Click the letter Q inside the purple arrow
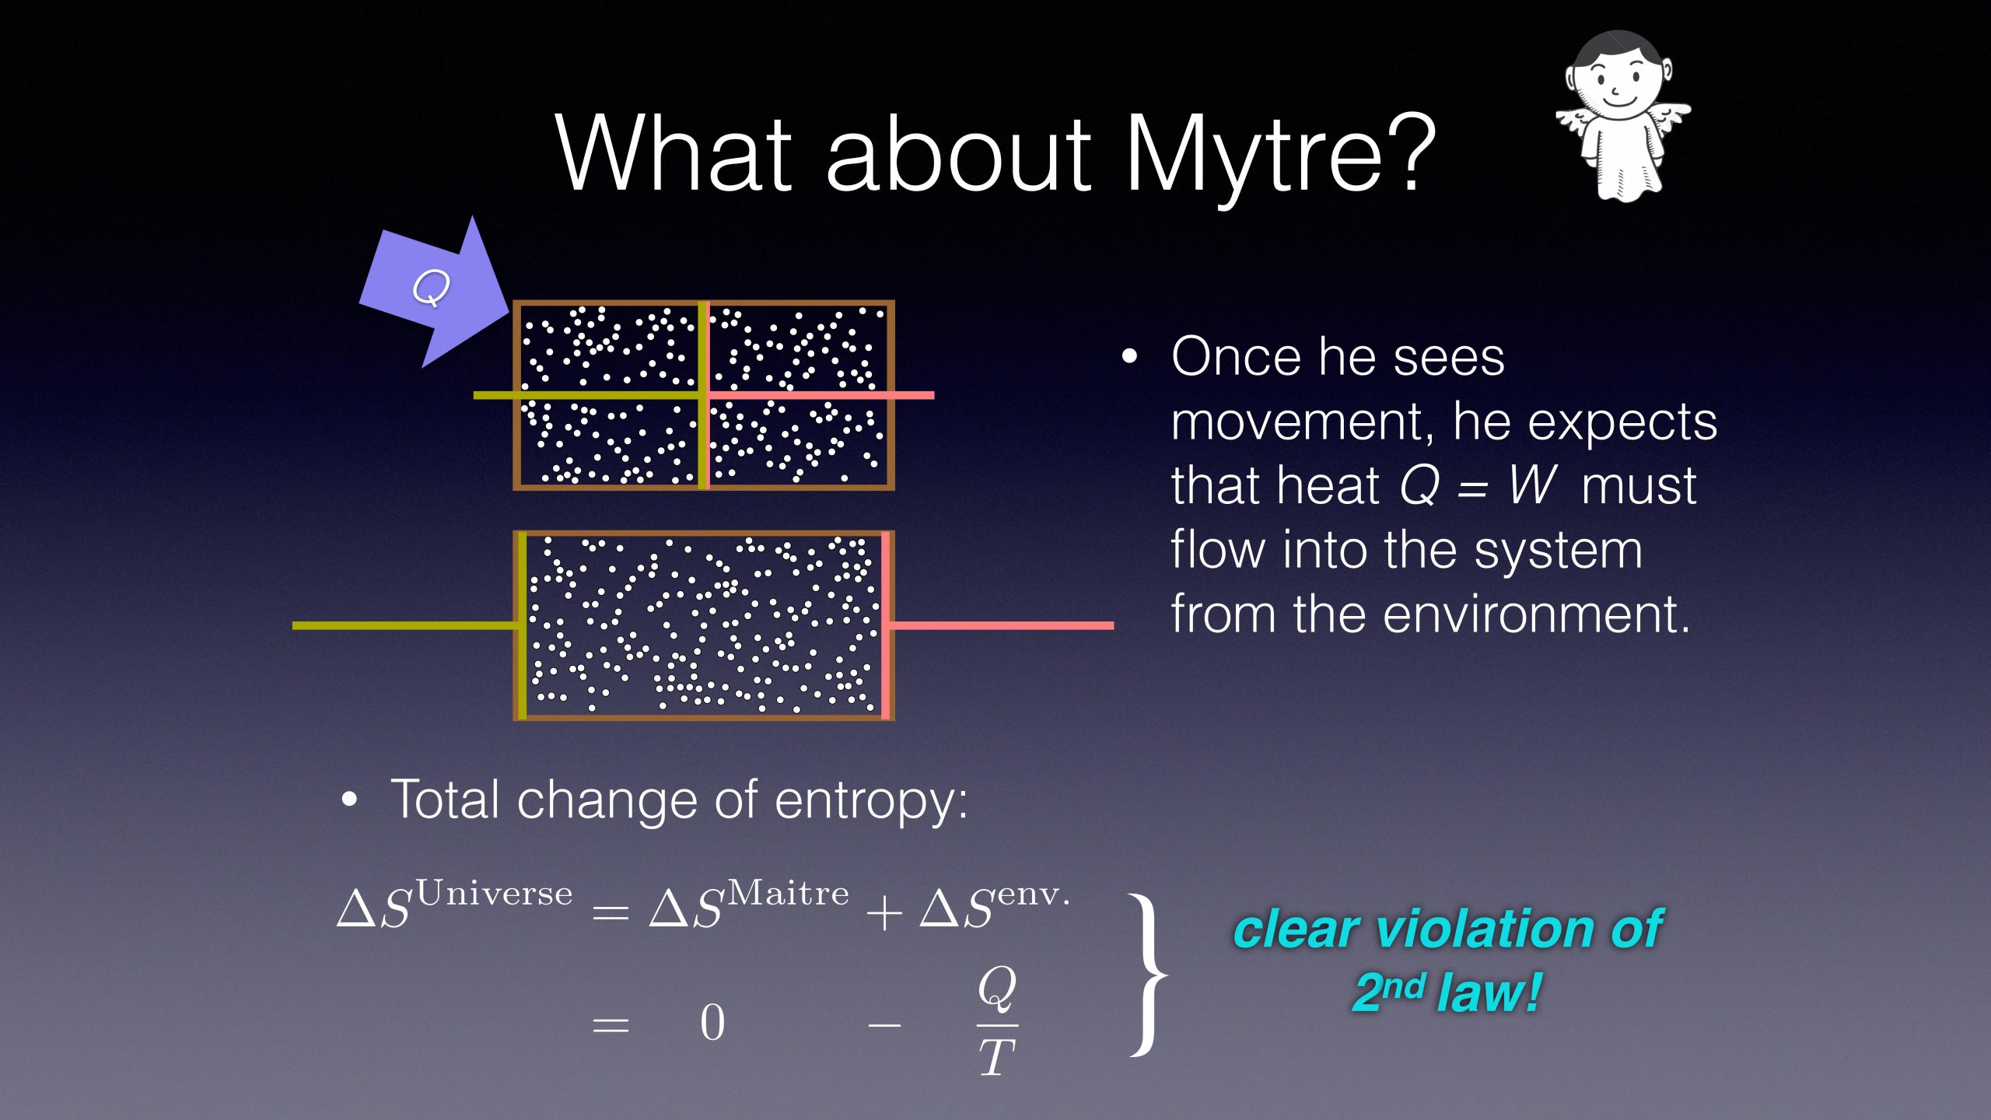tap(431, 288)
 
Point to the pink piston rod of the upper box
tap(821, 395)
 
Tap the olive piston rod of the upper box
tap(589, 395)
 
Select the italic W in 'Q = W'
tap(1531, 485)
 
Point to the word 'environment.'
tap(1537, 614)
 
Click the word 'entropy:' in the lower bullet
tap(871, 801)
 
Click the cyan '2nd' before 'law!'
tap(1389, 991)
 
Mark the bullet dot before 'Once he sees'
tap(1129, 357)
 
